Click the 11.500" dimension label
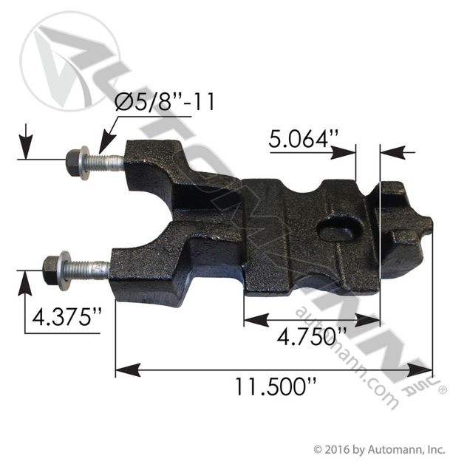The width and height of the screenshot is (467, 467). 275,386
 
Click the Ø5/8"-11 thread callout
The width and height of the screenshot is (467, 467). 165,102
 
